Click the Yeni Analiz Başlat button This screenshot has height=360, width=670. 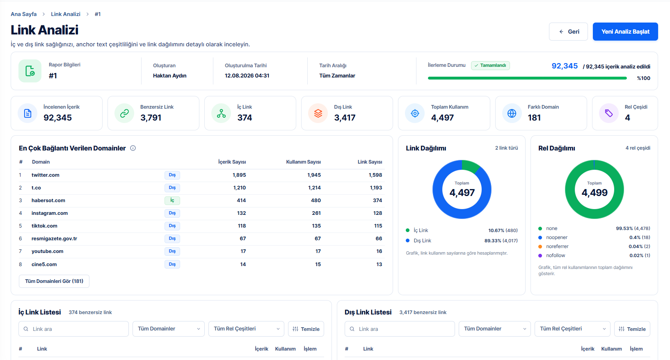(625, 32)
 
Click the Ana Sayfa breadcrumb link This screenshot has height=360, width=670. (24, 14)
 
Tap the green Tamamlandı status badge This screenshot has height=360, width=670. (490, 66)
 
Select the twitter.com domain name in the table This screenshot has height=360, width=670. (46, 175)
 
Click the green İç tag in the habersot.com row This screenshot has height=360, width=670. (172, 201)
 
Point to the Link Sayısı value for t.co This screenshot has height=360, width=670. (375, 188)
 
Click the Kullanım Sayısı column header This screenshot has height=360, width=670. (303, 162)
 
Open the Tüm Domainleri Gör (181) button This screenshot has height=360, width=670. (54, 281)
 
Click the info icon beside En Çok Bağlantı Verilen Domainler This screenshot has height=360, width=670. (133, 148)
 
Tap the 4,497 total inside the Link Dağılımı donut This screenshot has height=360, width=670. (462, 193)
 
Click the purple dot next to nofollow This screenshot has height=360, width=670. (540, 255)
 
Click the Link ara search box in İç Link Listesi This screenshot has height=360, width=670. (73, 329)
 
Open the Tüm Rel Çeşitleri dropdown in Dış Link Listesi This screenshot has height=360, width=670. (572, 329)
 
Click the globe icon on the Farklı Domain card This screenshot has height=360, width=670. (512, 113)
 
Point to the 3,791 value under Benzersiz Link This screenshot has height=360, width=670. (151, 118)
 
